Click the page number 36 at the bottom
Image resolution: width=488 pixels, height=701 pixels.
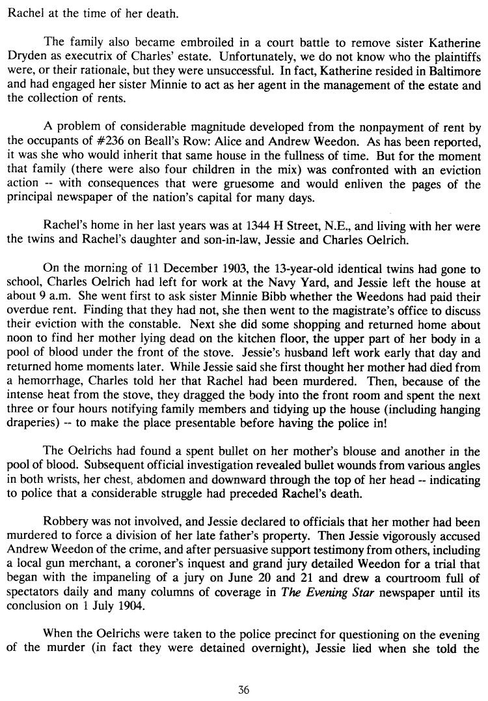(x=244, y=691)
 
